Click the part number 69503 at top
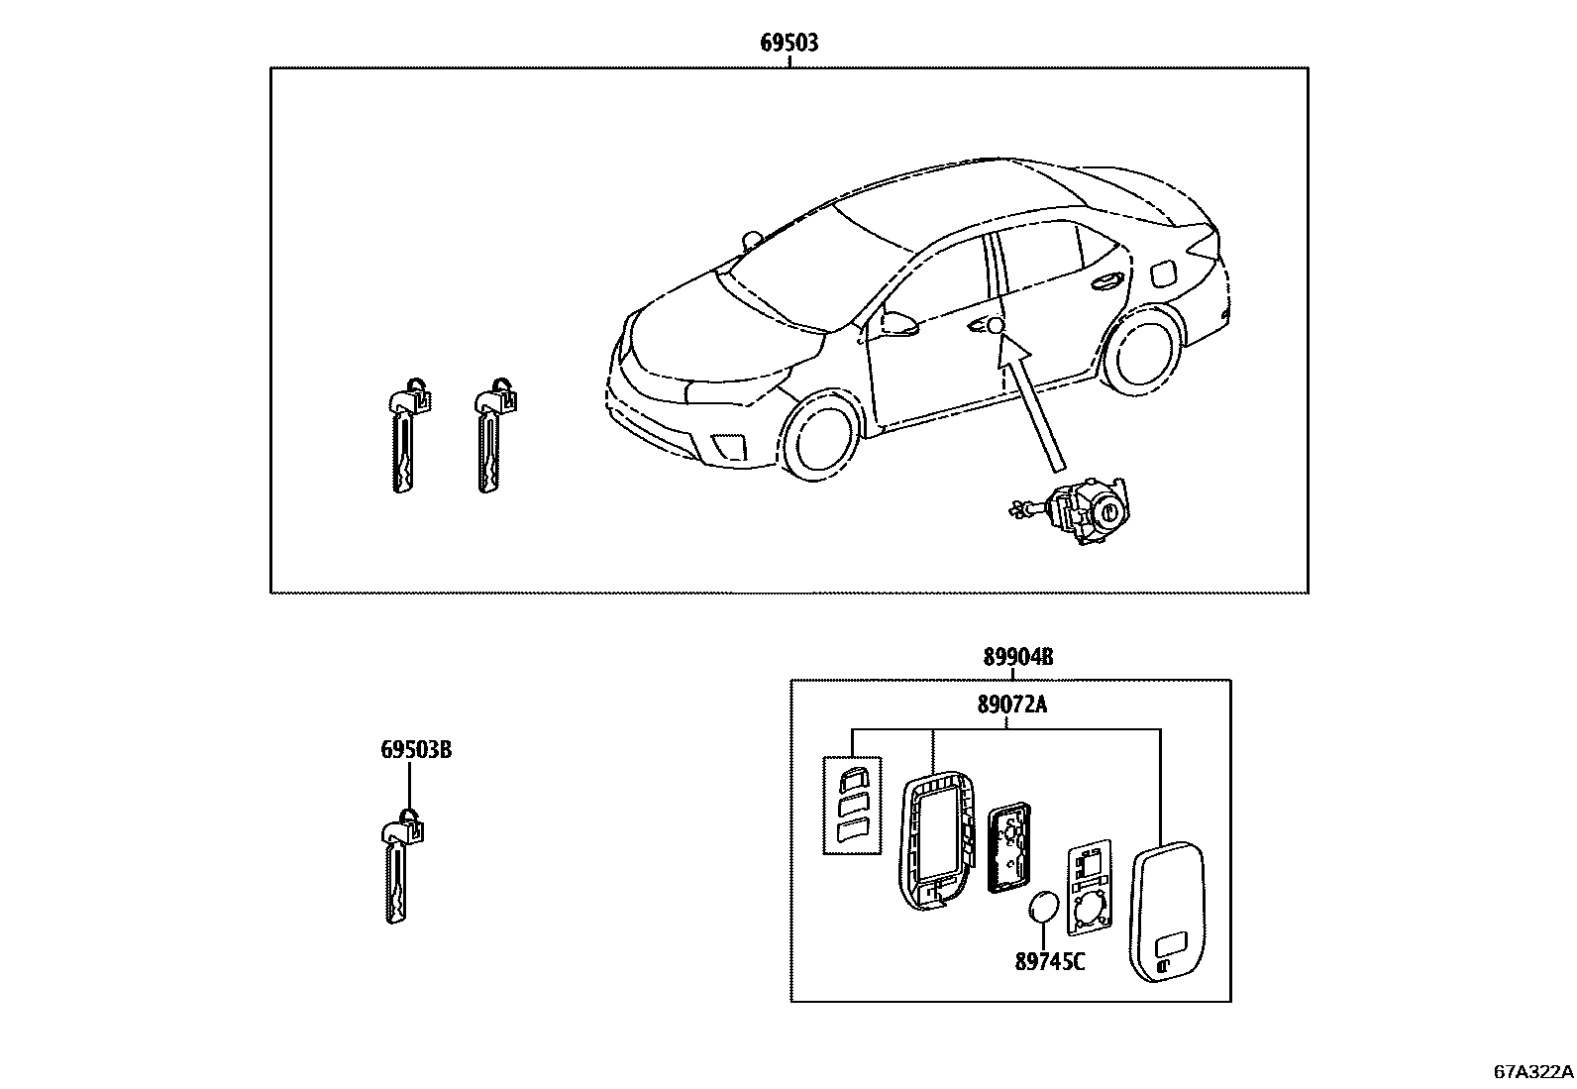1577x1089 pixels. coord(788,43)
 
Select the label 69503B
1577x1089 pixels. coord(415,750)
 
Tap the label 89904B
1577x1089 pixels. coord(1017,656)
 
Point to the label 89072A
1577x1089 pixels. coord(1011,705)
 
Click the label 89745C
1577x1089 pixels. coord(1049,960)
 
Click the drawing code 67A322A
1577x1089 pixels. coord(1532,1071)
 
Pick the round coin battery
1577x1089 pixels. coord(1044,908)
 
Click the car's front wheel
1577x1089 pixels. coord(818,437)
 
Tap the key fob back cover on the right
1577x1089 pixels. coord(1167,913)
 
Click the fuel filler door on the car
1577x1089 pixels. coord(1161,271)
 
